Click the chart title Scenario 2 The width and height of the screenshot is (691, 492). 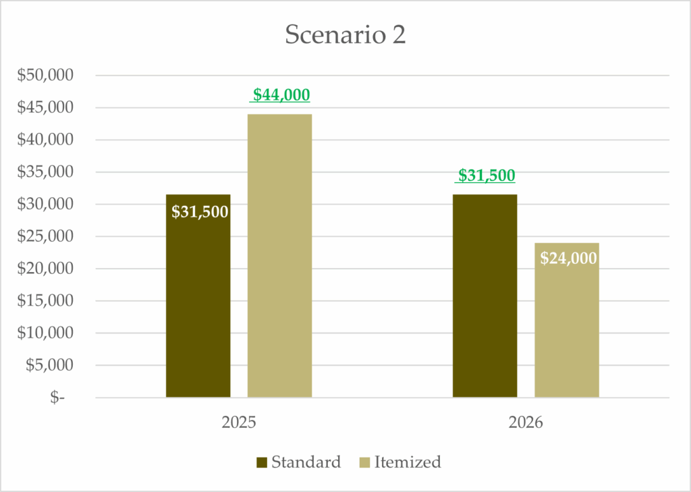[345, 35]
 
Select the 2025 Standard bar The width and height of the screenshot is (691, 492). [198, 304]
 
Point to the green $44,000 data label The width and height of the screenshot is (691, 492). [281, 95]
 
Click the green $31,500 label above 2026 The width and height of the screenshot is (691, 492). [486, 175]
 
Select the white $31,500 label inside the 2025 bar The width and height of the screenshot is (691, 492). [200, 212]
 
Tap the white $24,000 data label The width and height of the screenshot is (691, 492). [568, 258]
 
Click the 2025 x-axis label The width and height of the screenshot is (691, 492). [238, 424]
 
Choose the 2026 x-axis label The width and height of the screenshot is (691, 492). [526, 424]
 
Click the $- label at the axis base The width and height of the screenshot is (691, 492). [57, 398]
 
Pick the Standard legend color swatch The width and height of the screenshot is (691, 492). [262, 463]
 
